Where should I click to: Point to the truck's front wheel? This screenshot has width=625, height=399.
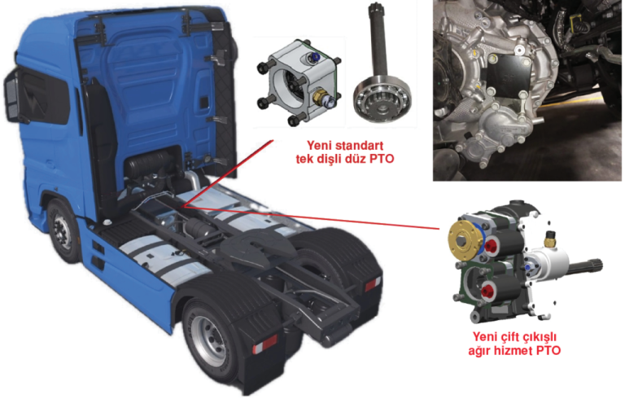click(x=63, y=232)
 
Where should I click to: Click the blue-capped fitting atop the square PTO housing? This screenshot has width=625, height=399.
click(x=314, y=59)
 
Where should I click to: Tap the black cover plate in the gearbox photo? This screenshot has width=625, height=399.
click(x=509, y=78)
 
